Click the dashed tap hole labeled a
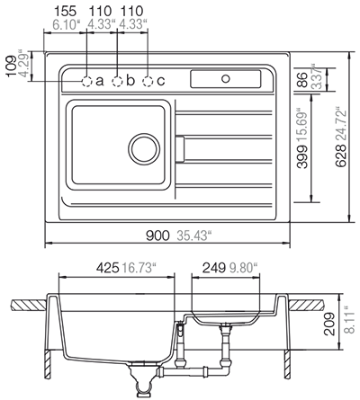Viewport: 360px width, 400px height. tap(86, 81)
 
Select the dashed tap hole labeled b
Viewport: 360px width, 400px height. tap(117, 81)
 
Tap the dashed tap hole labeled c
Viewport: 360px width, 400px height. tap(148, 81)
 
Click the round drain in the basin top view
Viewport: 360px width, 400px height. tap(141, 146)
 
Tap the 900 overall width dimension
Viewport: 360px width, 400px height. tap(157, 236)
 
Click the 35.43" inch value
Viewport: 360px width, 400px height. tap(192, 236)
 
